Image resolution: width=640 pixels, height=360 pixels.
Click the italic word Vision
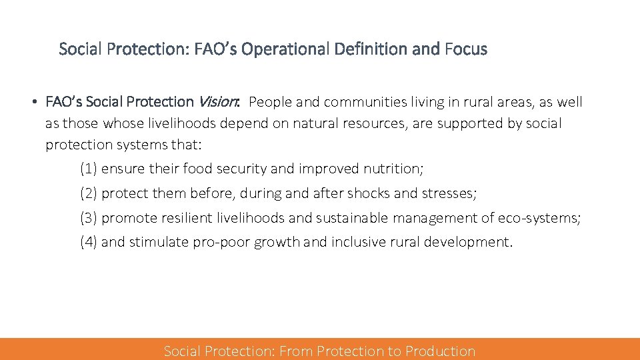[217, 102]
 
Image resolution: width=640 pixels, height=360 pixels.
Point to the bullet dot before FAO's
[33, 103]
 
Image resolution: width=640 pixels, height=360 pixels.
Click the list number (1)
[89, 169]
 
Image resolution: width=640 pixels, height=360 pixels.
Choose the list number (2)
[89, 193]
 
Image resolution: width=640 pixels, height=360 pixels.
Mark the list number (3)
[89, 218]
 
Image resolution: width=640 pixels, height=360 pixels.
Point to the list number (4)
[89, 242]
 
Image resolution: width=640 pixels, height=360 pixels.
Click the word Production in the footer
[441, 351]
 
